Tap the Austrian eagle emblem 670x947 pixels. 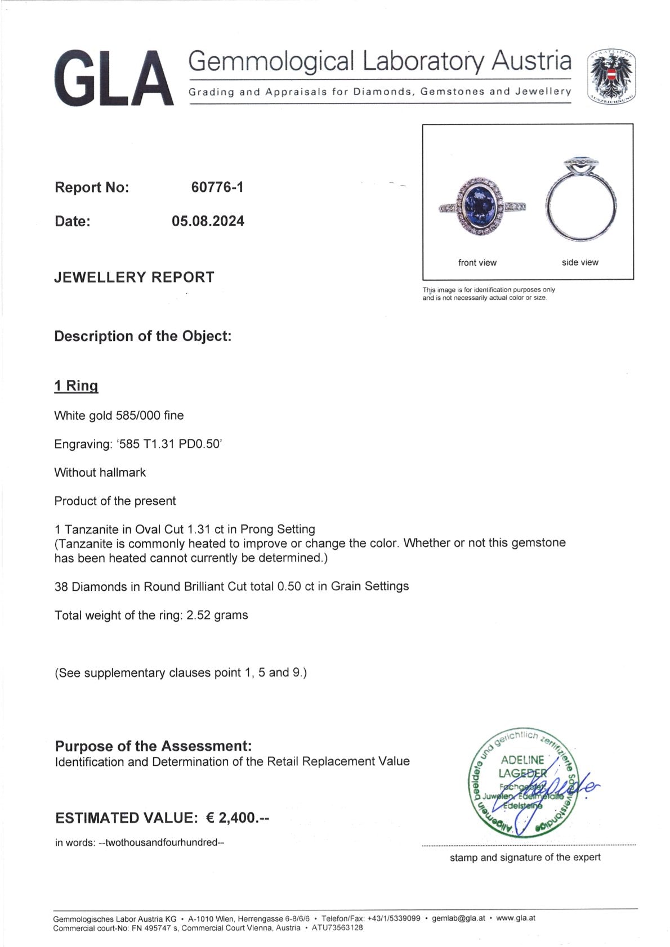pos(611,77)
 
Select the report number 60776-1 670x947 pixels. pos(217,187)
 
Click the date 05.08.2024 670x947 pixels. pos(208,221)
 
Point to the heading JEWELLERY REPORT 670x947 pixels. pos(134,277)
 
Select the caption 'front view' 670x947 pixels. pos(477,263)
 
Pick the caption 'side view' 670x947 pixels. pos(580,262)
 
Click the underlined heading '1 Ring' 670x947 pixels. pos(76,386)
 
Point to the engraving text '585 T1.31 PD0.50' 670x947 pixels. pos(168,444)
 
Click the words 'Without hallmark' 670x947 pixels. pos(100,473)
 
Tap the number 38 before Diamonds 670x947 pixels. pos(61,587)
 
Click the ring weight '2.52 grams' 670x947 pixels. pos(217,615)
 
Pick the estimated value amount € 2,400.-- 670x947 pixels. pos(238,818)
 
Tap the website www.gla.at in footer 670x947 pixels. pos(516,918)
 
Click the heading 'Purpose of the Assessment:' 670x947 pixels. pos(153,746)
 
